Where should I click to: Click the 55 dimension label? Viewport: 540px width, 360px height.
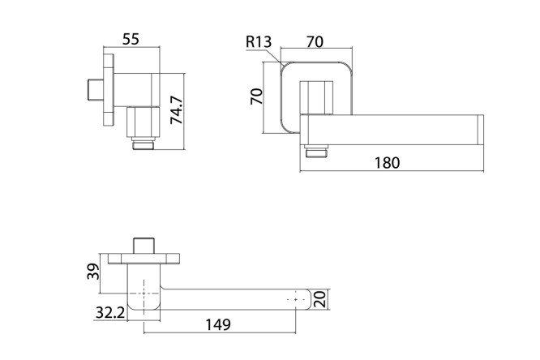pyautogui.click(x=131, y=39)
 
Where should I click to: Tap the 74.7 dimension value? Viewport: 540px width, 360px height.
pyautogui.click(x=177, y=110)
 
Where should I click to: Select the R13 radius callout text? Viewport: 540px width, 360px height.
pyautogui.click(x=259, y=41)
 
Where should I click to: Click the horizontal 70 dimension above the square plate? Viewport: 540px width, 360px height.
pyautogui.click(x=315, y=41)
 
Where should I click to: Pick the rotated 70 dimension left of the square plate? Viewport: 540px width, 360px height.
pyautogui.click(x=256, y=96)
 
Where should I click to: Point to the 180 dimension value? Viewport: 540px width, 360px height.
pyautogui.click(x=387, y=163)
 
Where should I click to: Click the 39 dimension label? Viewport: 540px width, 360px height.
pyautogui.click(x=93, y=272)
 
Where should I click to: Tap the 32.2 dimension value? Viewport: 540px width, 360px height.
pyautogui.click(x=109, y=313)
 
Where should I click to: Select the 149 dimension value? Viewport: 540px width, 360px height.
pyautogui.click(x=218, y=324)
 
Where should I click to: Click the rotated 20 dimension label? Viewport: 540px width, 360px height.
pyautogui.click(x=320, y=298)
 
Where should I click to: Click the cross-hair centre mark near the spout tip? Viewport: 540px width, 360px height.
pyautogui.click(x=295, y=300)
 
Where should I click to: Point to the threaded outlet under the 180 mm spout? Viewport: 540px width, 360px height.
pyautogui.click(x=315, y=151)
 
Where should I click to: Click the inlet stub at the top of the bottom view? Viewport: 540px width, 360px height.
pyautogui.click(x=144, y=246)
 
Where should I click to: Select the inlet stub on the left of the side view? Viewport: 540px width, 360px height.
pyautogui.click(x=96, y=90)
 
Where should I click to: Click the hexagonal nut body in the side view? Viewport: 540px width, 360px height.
pyautogui.click(x=144, y=122)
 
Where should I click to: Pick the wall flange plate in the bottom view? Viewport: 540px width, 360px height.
pyautogui.click(x=144, y=259)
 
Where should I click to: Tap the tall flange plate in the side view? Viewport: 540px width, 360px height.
pyautogui.click(x=109, y=91)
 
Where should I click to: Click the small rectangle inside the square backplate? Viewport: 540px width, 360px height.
pyautogui.click(x=316, y=98)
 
